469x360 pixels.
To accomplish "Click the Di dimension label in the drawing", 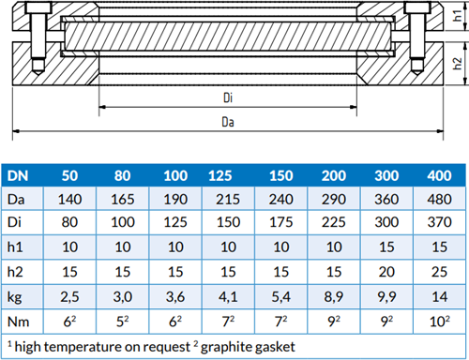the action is click(228, 97).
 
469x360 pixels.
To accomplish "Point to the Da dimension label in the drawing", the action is click(228, 122).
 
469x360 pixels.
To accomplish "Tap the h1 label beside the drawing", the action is click(458, 16).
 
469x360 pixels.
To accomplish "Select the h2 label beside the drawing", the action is click(458, 64).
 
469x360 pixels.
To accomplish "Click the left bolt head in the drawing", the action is click(38, 7).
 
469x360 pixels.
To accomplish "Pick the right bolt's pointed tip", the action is click(416, 74).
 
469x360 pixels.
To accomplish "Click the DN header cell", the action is click(18, 175).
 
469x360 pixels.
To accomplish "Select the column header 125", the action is click(220, 175).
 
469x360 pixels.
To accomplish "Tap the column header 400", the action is click(439, 175).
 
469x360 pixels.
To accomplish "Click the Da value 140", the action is click(69, 200).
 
